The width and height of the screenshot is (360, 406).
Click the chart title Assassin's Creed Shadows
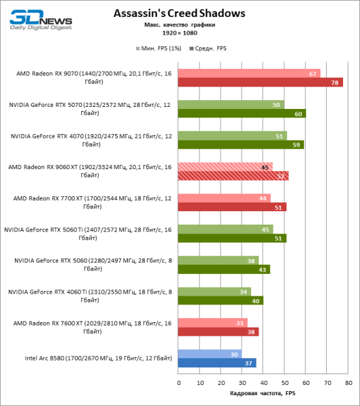[x=179, y=13]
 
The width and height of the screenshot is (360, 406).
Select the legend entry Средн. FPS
[x=211, y=49]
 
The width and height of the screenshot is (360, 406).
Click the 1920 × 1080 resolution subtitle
[x=179, y=32]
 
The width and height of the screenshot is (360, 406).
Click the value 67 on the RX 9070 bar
[x=313, y=73]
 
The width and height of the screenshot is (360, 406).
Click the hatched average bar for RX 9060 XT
[x=233, y=176]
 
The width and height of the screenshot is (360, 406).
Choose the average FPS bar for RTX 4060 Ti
[x=221, y=300]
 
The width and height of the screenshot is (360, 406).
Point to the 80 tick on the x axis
[x=348, y=382]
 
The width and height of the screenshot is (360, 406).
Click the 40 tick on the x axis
[x=263, y=382]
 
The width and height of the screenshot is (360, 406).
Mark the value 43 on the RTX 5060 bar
[x=264, y=269]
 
